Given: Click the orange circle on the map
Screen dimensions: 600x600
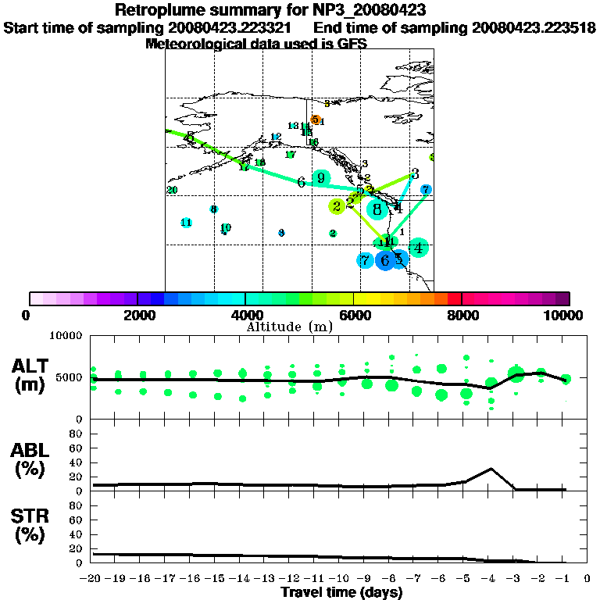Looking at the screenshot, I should click(x=316, y=120).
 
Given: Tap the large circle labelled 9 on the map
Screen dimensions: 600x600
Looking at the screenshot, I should click(x=320, y=179).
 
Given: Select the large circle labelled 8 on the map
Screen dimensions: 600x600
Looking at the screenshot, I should click(x=377, y=209).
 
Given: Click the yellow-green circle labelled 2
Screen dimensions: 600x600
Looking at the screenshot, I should click(x=337, y=206).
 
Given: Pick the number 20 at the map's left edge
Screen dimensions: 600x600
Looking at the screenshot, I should click(x=172, y=190).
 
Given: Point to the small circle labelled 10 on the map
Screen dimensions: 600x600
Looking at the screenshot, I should click(x=225, y=228).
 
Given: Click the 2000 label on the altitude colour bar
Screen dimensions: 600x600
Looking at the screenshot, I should click(x=137, y=315).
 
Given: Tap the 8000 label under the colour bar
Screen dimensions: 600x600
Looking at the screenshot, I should click(x=462, y=315).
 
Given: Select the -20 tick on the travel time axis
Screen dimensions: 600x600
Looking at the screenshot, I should click(x=94, y=580).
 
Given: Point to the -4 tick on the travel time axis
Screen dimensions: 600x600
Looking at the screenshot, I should click(x=489, y=580).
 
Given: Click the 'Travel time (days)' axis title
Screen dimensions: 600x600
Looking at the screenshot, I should click(x=342, y=593).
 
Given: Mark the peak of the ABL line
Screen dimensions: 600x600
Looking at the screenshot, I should click(x=491, y=469).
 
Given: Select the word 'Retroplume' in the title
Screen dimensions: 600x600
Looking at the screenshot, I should click(x=159, y=10).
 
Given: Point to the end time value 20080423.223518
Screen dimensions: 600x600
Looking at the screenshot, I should click(x=534, y=27).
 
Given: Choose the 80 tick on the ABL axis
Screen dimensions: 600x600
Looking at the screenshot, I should click(x=77, y=433).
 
